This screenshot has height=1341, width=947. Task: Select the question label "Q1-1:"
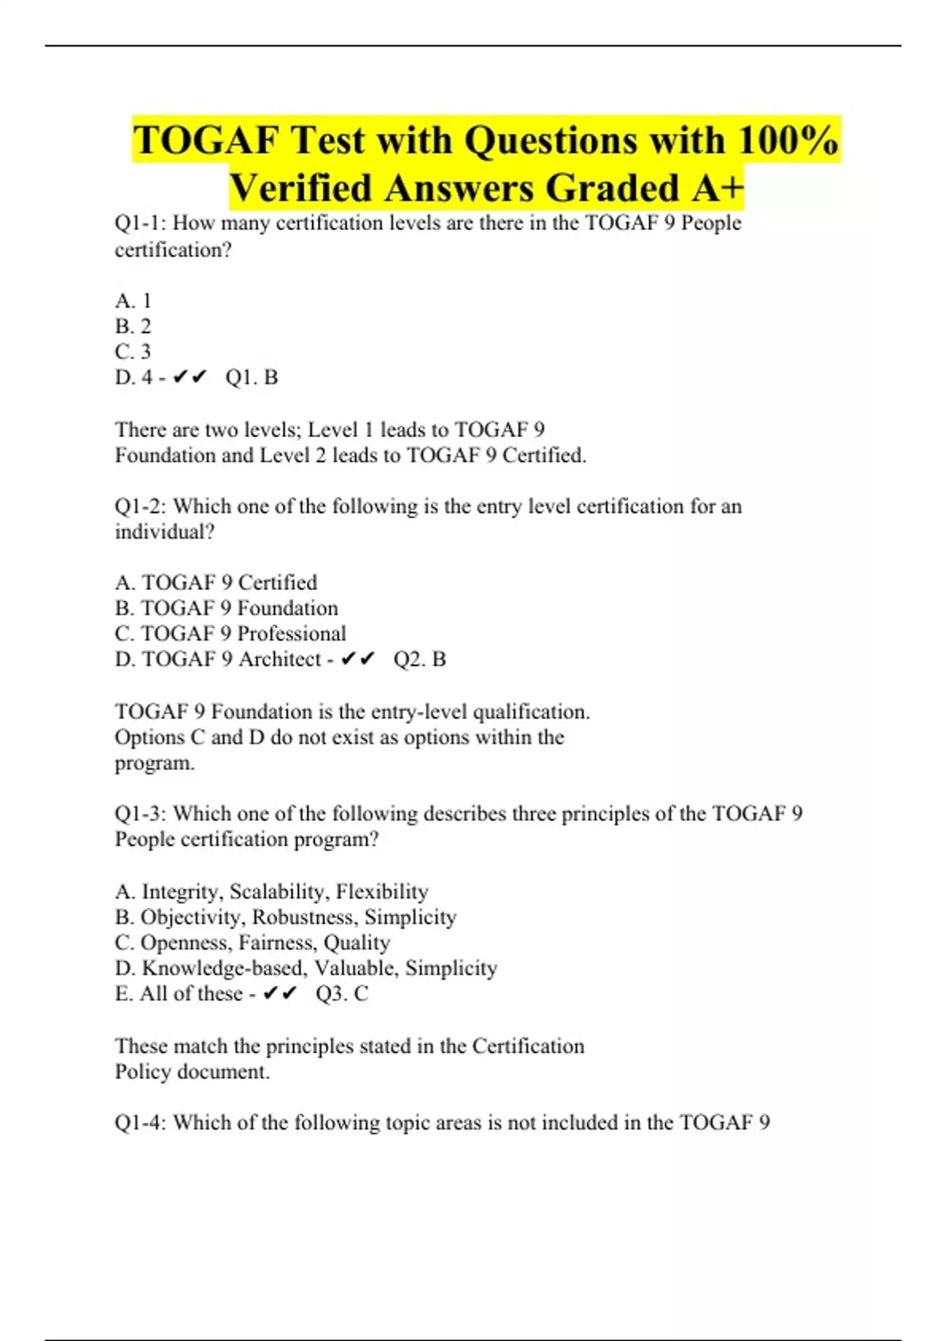141,223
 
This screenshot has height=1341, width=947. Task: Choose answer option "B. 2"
133,326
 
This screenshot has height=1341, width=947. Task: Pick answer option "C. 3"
133,352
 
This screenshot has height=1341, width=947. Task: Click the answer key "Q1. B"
252,378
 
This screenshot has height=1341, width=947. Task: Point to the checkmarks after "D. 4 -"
189,378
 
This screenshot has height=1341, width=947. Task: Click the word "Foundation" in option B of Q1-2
287,608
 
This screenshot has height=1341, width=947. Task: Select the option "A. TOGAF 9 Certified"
216,583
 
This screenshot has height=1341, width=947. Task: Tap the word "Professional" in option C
291,634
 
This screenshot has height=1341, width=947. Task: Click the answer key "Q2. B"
420,659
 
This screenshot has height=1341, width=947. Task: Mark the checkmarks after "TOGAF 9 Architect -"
357,659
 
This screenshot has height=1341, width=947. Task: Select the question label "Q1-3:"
141,814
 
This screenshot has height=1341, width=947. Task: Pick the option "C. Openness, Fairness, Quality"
253,943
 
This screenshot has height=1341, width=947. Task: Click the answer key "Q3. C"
342,994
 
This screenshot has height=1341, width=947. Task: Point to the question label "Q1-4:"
141,1122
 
